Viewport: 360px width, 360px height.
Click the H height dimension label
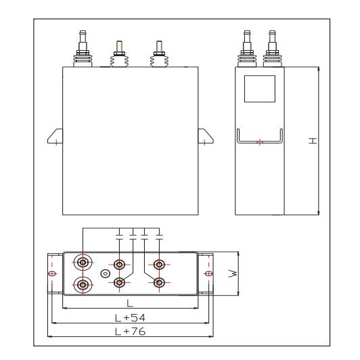[x=313, y=141]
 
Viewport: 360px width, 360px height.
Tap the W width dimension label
[x=233, y=273]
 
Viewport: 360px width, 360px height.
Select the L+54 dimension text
[x=130, y=318]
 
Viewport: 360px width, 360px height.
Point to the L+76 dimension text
[x=130, y=332]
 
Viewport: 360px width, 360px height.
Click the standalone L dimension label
[x=130, y=303]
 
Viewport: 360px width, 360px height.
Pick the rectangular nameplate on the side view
[x=260, y=89]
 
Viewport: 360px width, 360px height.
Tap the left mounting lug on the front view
[x=55, y=136]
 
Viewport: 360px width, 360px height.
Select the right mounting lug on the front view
[x=206, y=136]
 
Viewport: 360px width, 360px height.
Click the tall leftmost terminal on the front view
[x=83, y=49]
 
